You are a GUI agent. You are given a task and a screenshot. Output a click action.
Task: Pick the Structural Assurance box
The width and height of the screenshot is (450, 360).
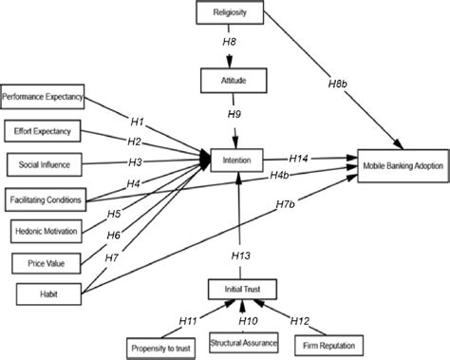(243, 340)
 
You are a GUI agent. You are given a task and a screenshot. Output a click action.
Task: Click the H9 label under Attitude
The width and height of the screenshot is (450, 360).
(234, 114)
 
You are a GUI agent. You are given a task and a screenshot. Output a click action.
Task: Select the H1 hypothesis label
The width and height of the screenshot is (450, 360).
(137, 123)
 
